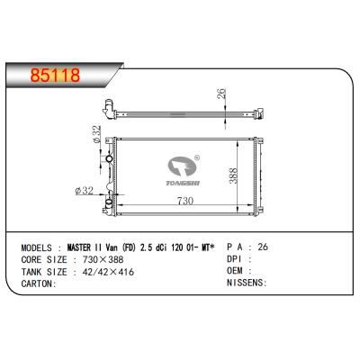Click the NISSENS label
tap(245, 283)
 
